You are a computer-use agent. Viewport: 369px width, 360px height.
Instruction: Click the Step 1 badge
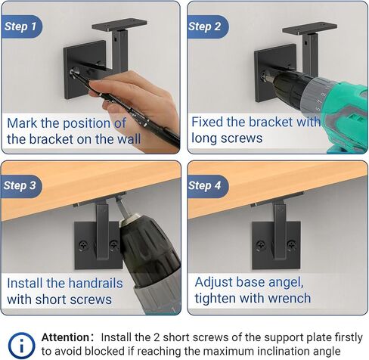21,26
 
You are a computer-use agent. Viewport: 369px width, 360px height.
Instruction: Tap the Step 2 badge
207,26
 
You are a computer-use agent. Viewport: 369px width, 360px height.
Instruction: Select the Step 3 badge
21,186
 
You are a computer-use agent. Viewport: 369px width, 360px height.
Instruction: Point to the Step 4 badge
207,186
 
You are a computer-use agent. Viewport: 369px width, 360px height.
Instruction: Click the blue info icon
21,345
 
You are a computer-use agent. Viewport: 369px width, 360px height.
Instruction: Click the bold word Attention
65,337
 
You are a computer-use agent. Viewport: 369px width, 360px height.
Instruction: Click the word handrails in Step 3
85,283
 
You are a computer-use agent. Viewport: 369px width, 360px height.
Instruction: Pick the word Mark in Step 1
22,123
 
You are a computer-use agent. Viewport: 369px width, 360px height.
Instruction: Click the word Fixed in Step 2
207,122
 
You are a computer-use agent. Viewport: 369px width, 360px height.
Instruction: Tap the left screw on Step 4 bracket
260,245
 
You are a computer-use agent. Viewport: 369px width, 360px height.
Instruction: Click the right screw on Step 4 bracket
292,244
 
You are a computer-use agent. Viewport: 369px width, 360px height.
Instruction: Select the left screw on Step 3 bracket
83,245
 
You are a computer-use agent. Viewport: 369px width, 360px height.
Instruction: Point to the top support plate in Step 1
119,25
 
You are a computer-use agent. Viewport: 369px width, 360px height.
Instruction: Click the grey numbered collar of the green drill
318,95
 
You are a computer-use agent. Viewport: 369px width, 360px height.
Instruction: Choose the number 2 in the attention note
157,337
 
